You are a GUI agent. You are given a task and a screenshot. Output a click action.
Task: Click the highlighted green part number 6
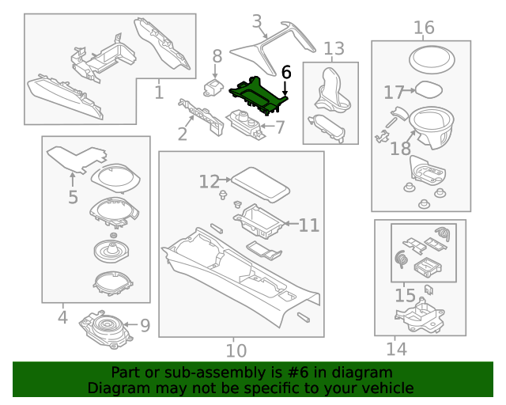pos(258,93)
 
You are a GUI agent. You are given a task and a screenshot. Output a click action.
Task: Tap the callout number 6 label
pos(286,72)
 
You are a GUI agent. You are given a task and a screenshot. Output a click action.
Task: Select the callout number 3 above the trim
pos(257,21)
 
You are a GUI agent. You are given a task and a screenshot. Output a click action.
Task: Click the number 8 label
pos(217,55)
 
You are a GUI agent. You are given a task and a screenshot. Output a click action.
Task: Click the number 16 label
pos(424,28)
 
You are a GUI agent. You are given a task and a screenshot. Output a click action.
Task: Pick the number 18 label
pos(400,148)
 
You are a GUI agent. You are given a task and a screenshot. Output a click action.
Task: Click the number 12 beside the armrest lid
pos(209,182)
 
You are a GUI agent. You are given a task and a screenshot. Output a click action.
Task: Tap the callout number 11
pos(309,225)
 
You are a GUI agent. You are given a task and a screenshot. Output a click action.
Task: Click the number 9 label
pos(145,324)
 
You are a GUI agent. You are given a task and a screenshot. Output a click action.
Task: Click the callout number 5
pos(73,196)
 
